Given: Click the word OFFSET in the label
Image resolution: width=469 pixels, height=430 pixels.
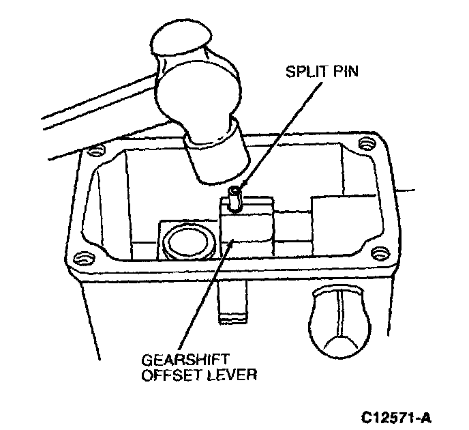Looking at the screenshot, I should click(x=166, y=375).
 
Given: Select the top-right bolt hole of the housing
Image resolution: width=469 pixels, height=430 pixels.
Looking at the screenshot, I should click(x=367, y=143).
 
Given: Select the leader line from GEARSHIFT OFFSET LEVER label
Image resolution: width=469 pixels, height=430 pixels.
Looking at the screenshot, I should click(x=209, y=300).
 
